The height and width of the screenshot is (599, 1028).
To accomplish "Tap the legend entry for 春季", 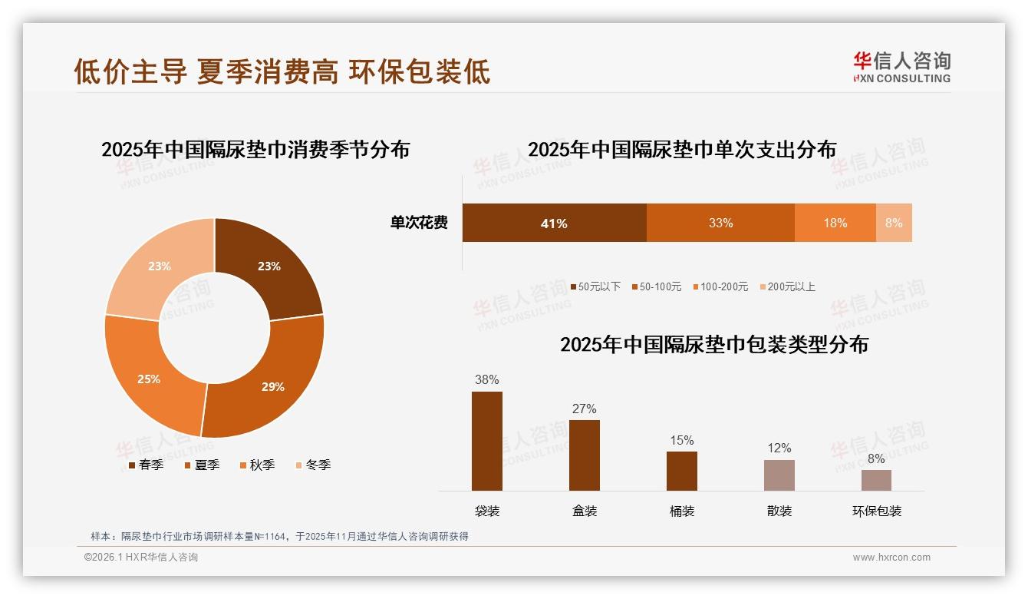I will click(x=146, y=465).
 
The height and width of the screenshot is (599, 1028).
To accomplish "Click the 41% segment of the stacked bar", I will click(x=554, y=223).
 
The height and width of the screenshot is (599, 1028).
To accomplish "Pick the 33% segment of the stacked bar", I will click(x=720, y=223).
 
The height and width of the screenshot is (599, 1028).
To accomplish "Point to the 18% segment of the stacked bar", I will click(x=835, y=223).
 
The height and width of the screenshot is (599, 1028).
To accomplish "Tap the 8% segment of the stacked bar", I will click(x=894, y=223).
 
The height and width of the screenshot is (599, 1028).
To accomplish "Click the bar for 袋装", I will click(x=487, y=441).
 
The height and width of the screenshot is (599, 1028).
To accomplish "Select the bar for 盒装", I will click(x=585, y=455).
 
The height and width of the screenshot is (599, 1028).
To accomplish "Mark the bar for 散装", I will click(x=779, y=475).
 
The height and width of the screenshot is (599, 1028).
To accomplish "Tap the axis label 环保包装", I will click(x=877, y=511).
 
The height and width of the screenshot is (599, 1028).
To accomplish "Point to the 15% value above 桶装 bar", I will click(x=681, y=440).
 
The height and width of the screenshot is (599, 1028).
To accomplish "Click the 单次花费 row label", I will click(x=419, y=223).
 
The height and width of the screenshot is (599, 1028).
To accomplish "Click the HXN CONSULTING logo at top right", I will click(x=901, y=68).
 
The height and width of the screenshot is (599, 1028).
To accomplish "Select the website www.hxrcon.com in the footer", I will click(x=891, y=558).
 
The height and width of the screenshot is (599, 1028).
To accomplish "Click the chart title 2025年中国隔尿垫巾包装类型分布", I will click(x=713, y=345).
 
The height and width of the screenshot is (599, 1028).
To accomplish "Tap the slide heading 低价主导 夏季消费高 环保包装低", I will click(x=282, y=71).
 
